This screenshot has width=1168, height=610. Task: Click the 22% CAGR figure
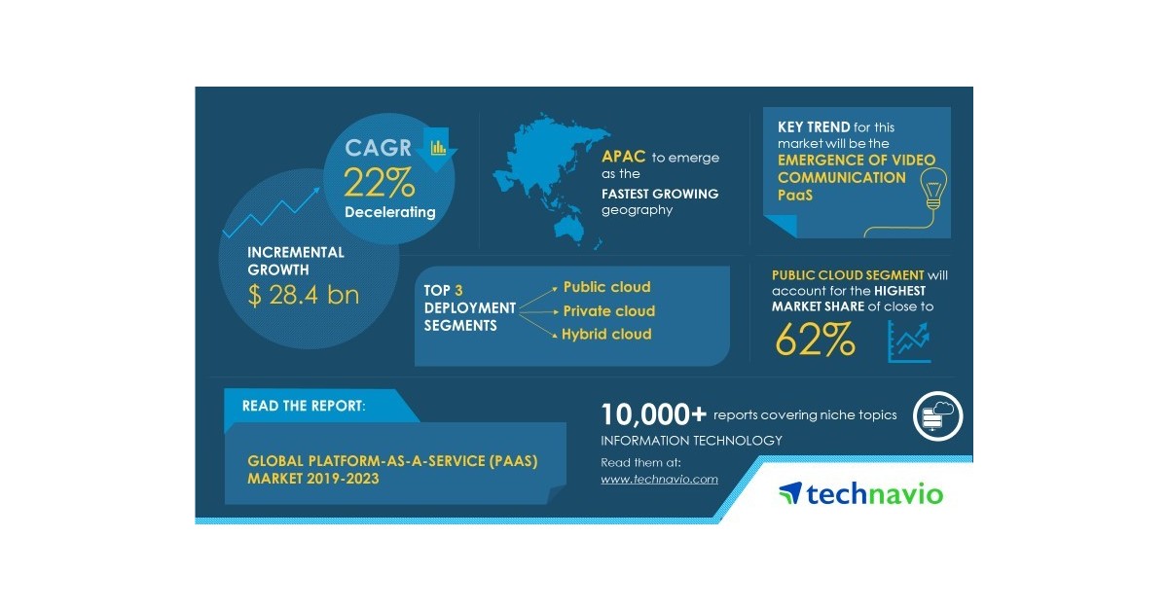pyautogui.click(x=379, y=183)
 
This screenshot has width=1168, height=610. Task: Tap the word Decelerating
pyautogui.click(x=389, y=212)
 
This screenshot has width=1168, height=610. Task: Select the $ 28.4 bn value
pyautogui.click(x=304, y=295)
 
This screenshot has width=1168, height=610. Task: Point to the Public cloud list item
pyautogui.click(x=606, y=287)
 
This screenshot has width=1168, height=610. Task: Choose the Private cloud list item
pyautogui.click(x=608, y=311)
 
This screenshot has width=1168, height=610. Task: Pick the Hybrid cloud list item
pyautogui.click(x=606, y=335)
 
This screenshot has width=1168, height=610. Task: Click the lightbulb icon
pyautogui.click(x=933, y=190)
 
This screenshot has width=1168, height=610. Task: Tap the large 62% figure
pyautogui.click(x=816, y=340)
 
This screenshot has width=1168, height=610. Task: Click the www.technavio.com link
pyautogui.click(x=659, y=479)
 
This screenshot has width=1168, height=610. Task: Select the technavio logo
pyautogui.click(x=860, y=493)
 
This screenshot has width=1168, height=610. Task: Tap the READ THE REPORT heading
pyautogui.click(x=304, y=405)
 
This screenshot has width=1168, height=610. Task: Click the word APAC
pyautogui.click(x=624, y=157)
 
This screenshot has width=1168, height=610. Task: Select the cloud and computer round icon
pyautogui.click(x=937, y=416)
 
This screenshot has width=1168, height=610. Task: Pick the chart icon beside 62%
pyautogui.click(x=910, y=341)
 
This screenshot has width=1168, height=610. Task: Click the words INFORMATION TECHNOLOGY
pyautogui.click(x=691, y=441)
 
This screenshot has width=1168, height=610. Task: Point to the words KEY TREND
pyautogui.click(x=812, y=127)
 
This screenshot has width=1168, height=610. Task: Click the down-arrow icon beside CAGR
pyautogui.click(x=437, y=148)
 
